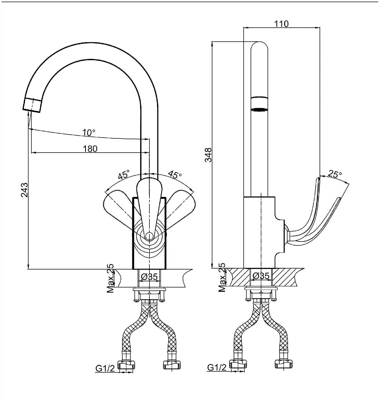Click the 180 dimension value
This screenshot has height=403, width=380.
click(90, 149)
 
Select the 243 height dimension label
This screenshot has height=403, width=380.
click(25, 190)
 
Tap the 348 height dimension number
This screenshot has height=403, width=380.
click(208, 155)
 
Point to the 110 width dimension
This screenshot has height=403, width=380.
click(282, 24)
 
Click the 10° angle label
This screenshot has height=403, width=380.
click(89, 133)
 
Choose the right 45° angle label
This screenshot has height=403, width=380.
click(175, 174)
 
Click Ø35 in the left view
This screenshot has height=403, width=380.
click(149, 277)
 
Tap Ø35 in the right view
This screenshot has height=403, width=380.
click(261, 276)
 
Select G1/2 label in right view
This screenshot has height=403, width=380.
click(217, 367)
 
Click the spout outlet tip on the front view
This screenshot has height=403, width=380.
click(32, 105)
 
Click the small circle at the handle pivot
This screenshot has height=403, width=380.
click(149, 236)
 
